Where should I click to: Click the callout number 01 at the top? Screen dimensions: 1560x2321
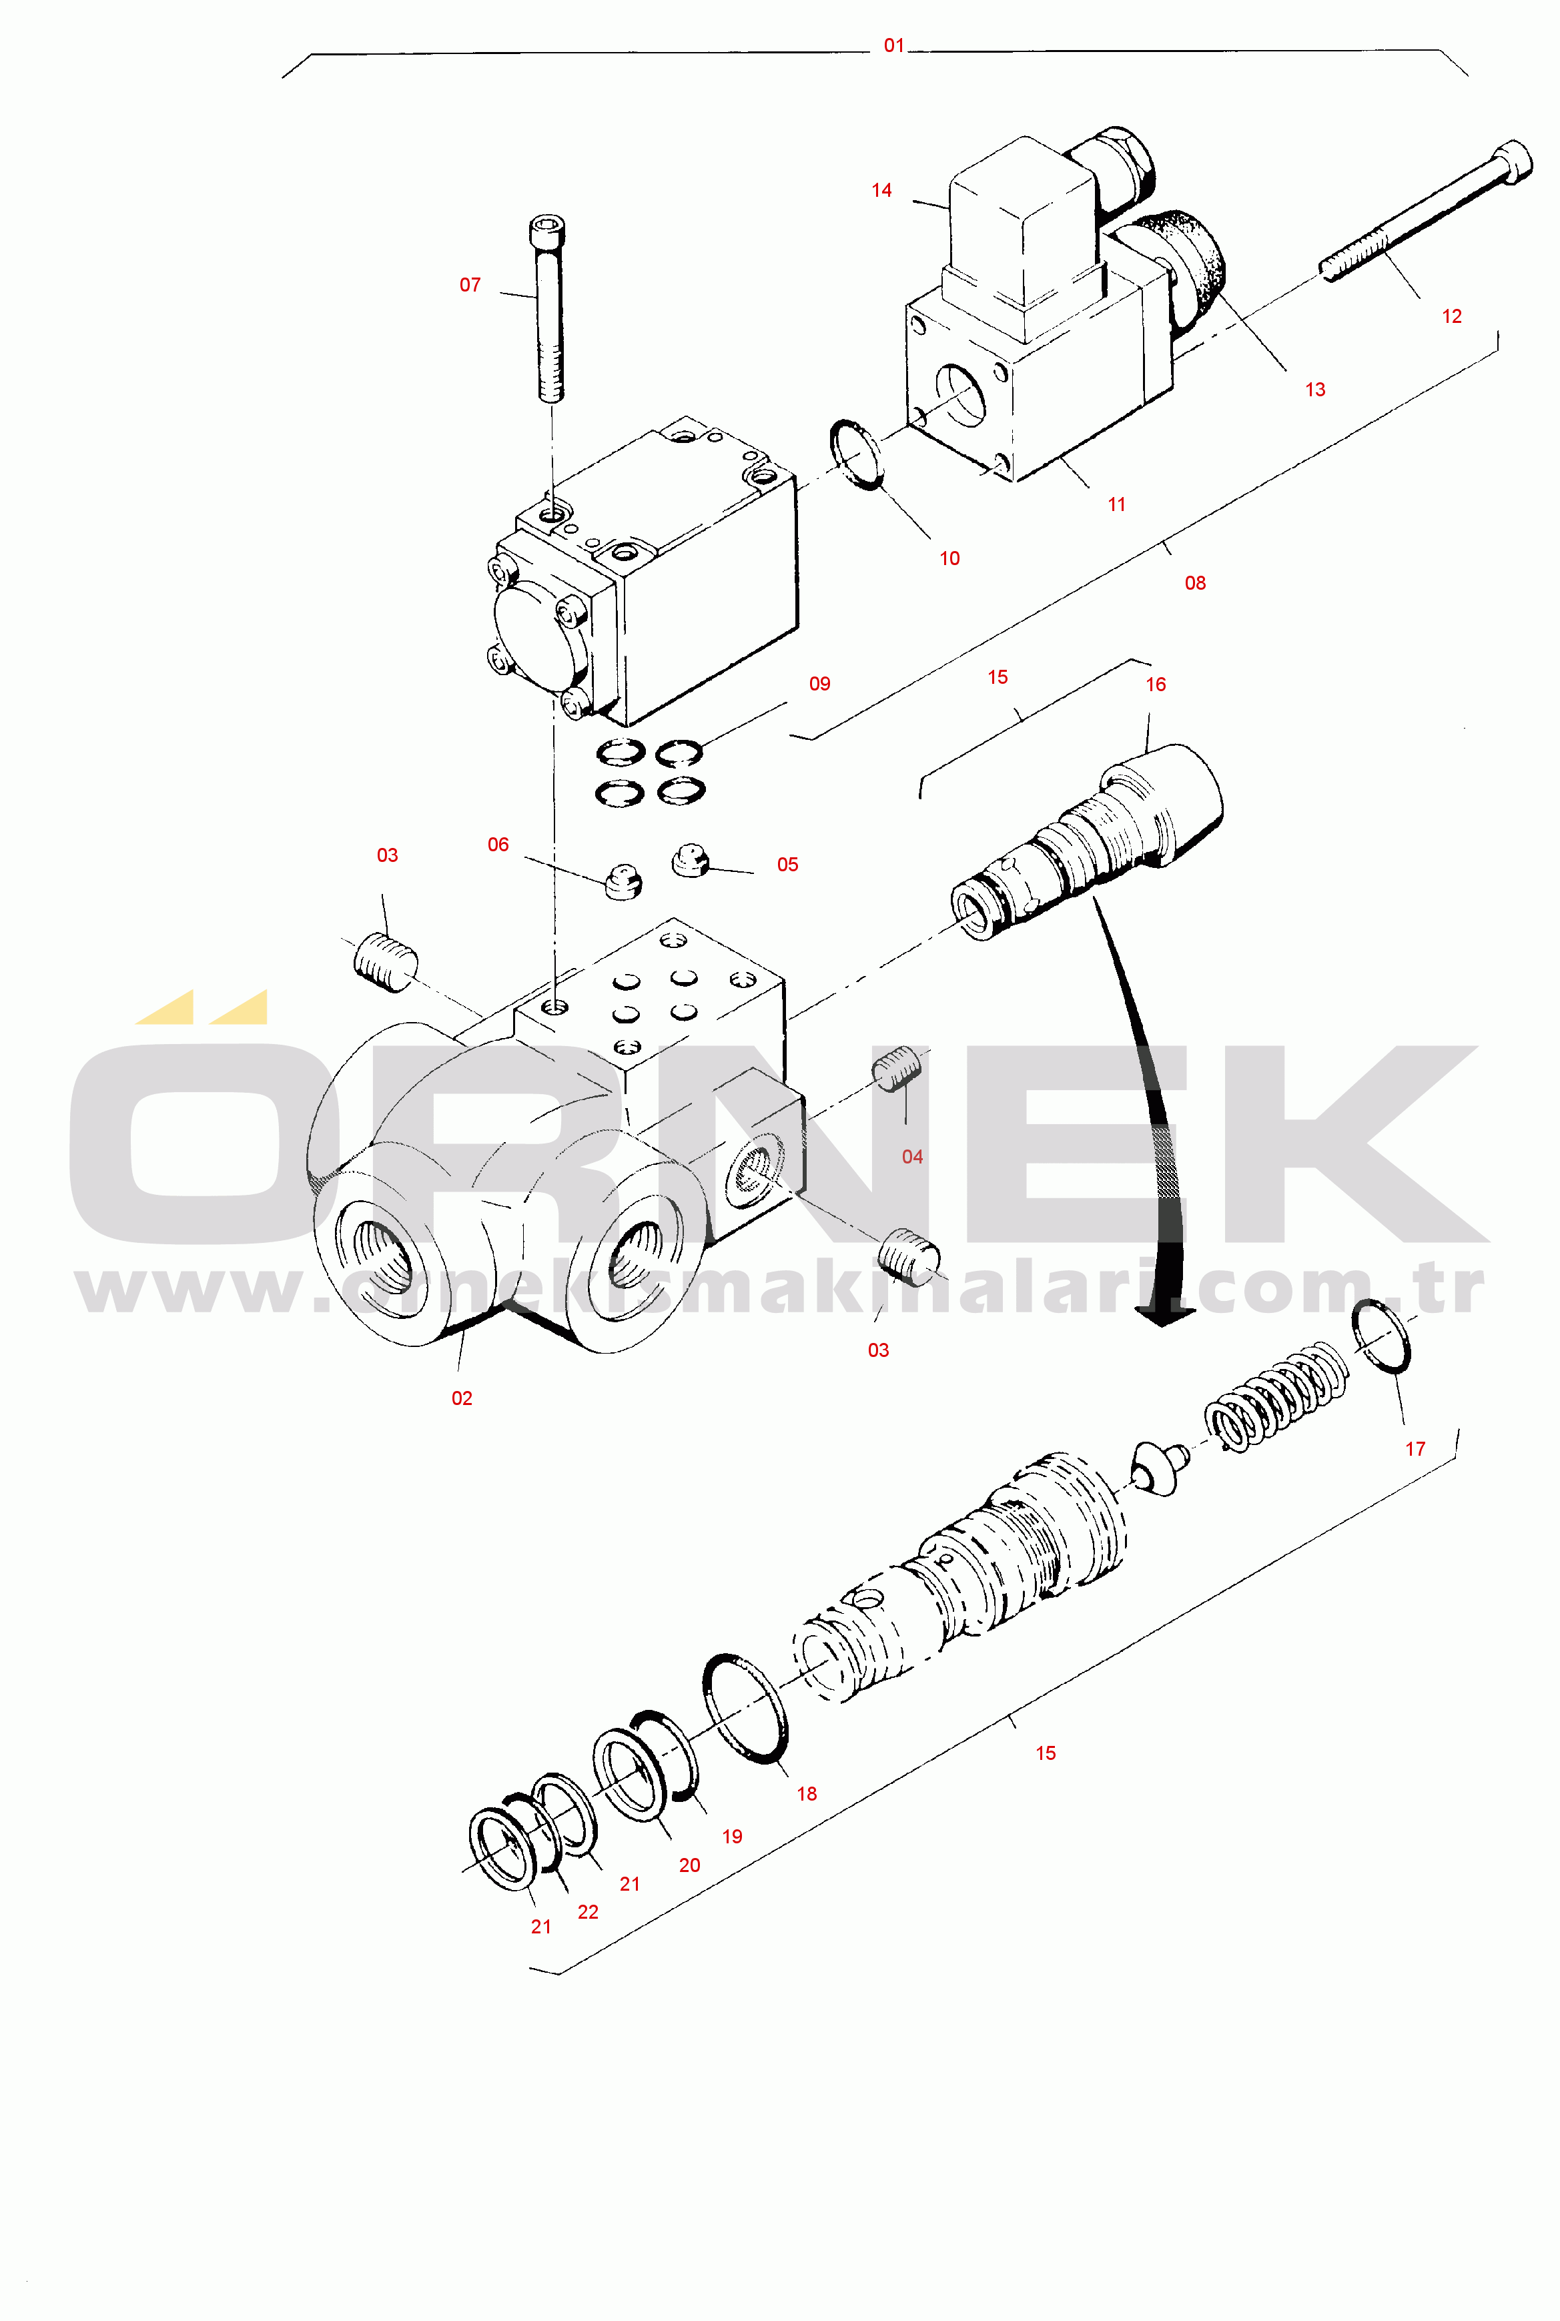point(893,46)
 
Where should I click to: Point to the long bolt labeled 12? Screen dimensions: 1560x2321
point(1426,210)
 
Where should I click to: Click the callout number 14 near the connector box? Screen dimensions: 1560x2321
point(881,190)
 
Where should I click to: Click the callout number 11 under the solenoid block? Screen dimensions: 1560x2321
point(1116,504)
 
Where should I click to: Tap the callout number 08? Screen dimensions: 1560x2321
point(1195,583)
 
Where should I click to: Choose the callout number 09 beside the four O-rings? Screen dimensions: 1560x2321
point(820,683)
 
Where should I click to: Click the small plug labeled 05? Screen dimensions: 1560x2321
point(689,861)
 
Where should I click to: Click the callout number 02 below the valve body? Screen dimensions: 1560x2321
point(462,1398)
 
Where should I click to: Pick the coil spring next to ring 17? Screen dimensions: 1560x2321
point(1276,1395)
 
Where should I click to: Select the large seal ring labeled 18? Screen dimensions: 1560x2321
point(745,1708)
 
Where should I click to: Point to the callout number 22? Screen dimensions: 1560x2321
point(588,1912)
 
